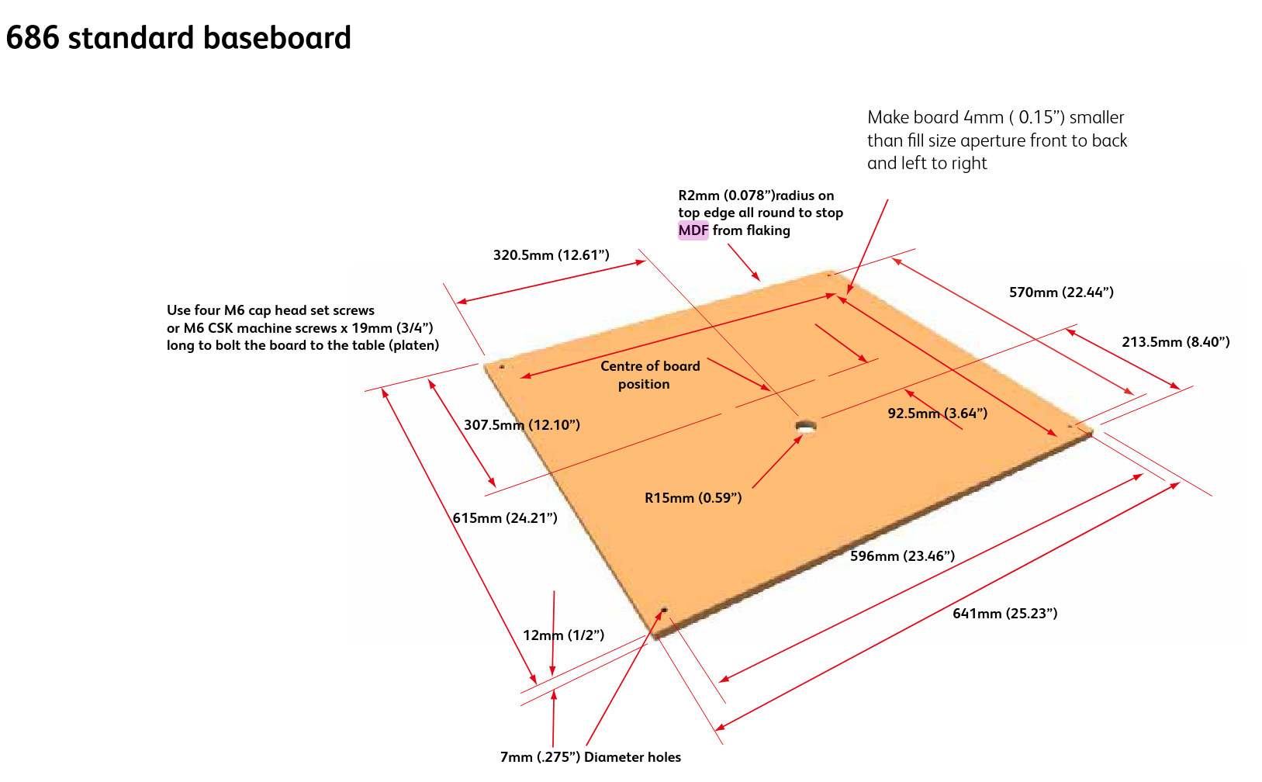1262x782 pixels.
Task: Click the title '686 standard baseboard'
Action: [178, 38]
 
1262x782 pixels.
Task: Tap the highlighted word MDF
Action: [693, 230]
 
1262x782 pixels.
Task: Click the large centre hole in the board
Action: [806, 425]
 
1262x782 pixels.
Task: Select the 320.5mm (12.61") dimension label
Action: [551, 255]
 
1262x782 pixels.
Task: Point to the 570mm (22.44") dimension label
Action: [1060, 292]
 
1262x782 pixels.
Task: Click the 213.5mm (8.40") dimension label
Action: [1175, 342]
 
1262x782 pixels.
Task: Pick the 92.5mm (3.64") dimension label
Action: [937, 413]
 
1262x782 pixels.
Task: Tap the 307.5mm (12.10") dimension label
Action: [521, 425]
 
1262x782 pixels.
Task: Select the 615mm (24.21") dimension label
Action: [504, 518]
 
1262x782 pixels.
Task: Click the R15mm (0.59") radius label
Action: [693, 498]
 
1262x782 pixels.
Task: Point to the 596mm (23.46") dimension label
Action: [902, 556]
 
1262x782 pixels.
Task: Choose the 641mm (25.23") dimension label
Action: [1004, 614]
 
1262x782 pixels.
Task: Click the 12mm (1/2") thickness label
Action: [563, 635]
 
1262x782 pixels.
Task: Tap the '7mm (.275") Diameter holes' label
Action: [590, 757]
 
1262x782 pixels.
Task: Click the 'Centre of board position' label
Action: [649, 375]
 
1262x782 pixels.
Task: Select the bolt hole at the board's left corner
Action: [502, 366]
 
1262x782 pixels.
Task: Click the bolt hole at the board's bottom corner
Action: [664, 611]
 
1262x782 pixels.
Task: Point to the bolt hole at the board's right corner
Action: [1070, 426]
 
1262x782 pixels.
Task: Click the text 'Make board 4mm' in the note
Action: [913, 118]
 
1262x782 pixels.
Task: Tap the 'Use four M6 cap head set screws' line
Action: [270, 310]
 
